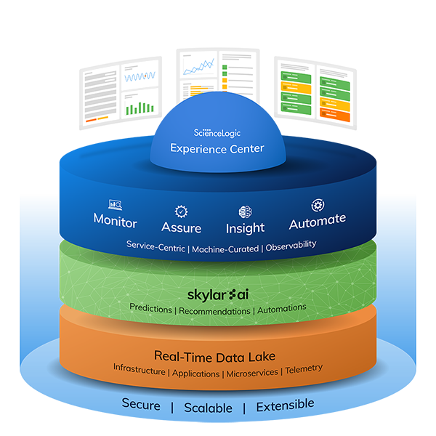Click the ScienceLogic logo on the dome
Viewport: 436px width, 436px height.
tap(217, 134)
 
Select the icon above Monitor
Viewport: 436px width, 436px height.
tap(115, 206)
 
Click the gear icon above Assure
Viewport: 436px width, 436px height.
tap(181, 211)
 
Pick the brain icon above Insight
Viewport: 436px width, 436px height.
tap(245, 212)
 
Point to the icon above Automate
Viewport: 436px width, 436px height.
tap(317, 205)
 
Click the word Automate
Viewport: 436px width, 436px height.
tap(317, 220)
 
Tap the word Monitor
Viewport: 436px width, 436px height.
tap(115, 221)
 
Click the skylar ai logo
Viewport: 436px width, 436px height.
tap(217, 294)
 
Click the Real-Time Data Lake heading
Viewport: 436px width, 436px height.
tap(217, 355)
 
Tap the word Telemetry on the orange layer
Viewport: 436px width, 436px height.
tap(304, 369)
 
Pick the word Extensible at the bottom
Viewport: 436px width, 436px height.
tap(285, 404)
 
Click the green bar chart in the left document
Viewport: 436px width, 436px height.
tap(135, 108)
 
